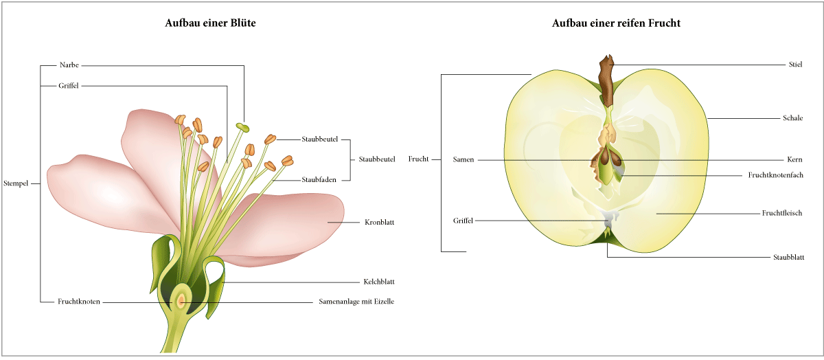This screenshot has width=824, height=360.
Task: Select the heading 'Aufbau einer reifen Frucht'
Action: pos(616,23)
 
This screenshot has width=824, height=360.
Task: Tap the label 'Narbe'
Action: pos(69,65)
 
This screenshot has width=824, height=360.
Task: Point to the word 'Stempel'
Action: pos(17,184)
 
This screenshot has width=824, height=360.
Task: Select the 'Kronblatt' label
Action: pos(378,223)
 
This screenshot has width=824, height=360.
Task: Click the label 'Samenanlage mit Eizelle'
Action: pos(357,301)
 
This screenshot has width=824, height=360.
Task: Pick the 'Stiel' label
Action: pos(795,64)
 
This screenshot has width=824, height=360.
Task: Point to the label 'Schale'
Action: pos(792,118)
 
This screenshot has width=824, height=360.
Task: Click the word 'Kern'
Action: pos(794,159)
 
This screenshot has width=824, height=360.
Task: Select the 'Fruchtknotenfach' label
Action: pos(775,175)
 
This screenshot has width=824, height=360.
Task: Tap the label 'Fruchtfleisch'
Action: pos(782,213)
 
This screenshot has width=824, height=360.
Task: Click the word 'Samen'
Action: pos(463,159)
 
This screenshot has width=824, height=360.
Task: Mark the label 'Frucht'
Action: pos(418,159)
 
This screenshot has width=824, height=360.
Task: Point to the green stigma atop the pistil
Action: pos(242,127)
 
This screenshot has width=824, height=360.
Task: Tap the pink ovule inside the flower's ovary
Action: pos(181,300)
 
